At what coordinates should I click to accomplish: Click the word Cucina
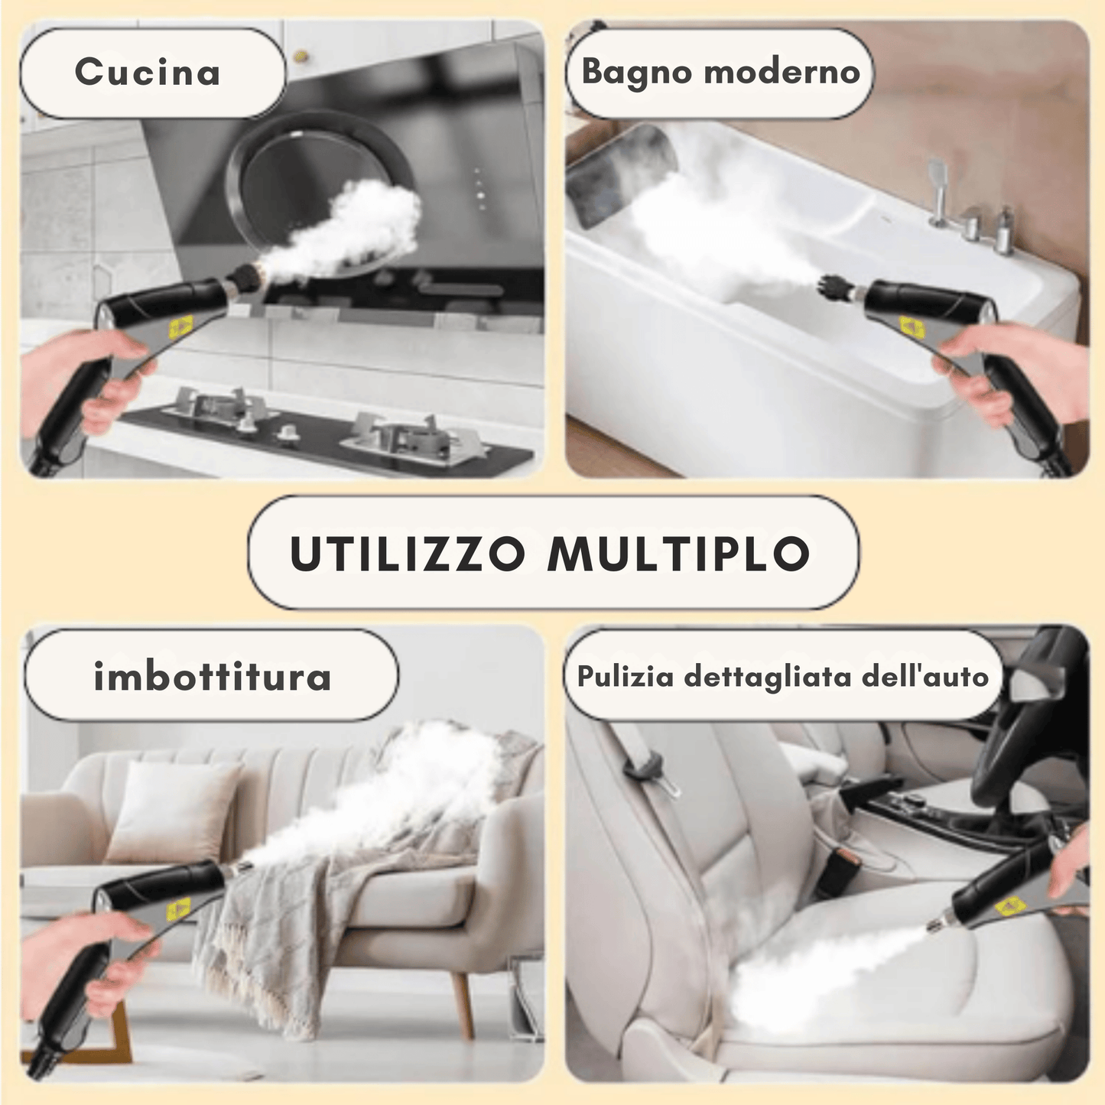(x=148, y=73)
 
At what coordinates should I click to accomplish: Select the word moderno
(x=782, y=72)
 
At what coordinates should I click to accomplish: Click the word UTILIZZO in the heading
(x=408, y=554)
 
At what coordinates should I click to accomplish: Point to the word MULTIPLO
(x=678, y=554)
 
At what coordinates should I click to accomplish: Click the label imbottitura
(x=212, y=677)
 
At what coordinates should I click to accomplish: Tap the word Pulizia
(x=625, y=677)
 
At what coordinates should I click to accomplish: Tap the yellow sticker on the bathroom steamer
(x=912, y=328)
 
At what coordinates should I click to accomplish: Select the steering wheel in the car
(x=1017, y=734)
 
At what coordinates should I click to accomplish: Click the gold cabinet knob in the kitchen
(x=301, y=56)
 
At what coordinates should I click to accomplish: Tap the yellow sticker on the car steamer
(x=1011, y=907)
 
